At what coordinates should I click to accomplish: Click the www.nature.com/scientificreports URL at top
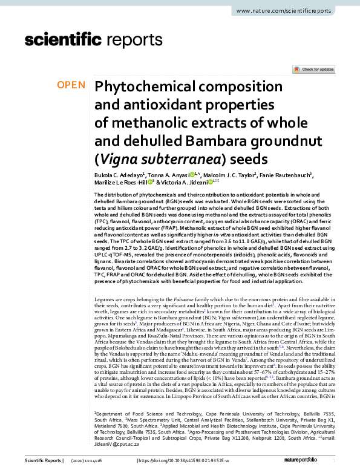(x=292, y=11)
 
